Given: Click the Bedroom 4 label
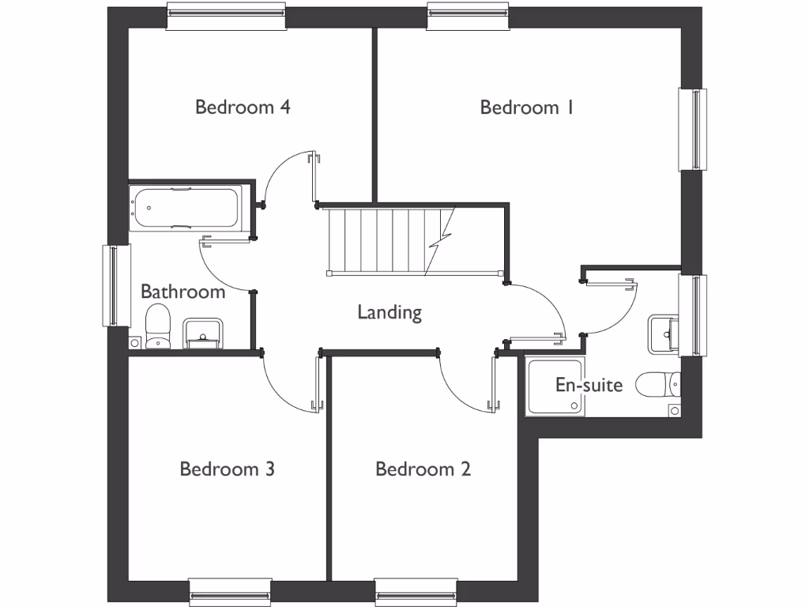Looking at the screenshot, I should tap(243, 107).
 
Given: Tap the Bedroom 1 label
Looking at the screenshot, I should tap(526, 107).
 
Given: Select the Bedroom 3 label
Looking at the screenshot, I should tap(227, 469).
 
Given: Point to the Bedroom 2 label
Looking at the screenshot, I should tap(423, 469).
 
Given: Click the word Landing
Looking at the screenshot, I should tap(389, 312).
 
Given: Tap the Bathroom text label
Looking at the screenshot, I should tap(182, 292).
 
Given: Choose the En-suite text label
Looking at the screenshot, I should tap(589, 386).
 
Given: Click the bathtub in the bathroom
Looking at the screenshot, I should tap(186, 208).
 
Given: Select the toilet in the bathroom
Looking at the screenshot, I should tap(158, 326).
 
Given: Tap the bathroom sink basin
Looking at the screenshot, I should tap(204, 333).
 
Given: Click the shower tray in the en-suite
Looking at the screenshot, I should tap(556, 388).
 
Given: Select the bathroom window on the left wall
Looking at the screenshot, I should tap(115, 285).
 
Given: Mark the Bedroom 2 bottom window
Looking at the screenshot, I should tap(416, 592).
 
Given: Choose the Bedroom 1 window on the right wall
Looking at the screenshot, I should tap(692, 129).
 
